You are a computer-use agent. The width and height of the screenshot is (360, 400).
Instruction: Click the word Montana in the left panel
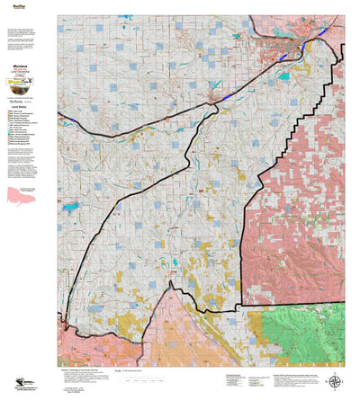tap(19, 67)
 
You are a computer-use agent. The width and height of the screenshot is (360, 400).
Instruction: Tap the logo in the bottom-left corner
tap(20, 384)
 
